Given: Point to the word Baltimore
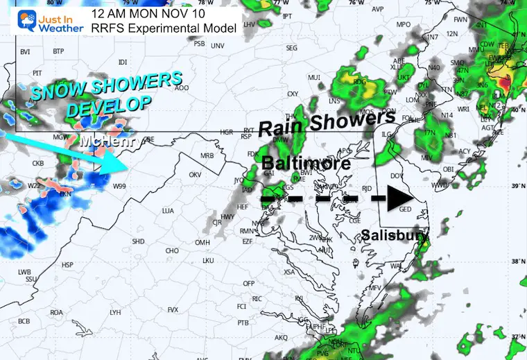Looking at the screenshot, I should point(306,164).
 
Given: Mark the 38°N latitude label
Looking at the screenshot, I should point(516,262).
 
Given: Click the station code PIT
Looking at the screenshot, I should point(37,72).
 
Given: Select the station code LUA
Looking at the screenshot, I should point(166,210).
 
